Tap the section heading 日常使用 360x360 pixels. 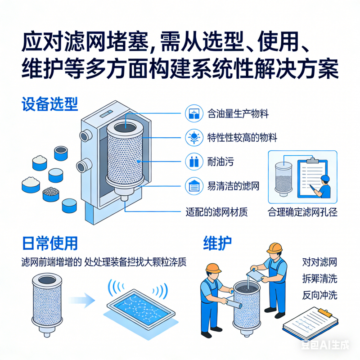pos(50,243)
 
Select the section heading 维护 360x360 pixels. pos(218,243)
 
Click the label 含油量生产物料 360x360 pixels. pos(238,114)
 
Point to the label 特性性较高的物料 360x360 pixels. pos(243,138)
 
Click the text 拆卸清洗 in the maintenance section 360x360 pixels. pos(320,279)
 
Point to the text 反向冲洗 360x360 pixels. pos(320,295)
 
